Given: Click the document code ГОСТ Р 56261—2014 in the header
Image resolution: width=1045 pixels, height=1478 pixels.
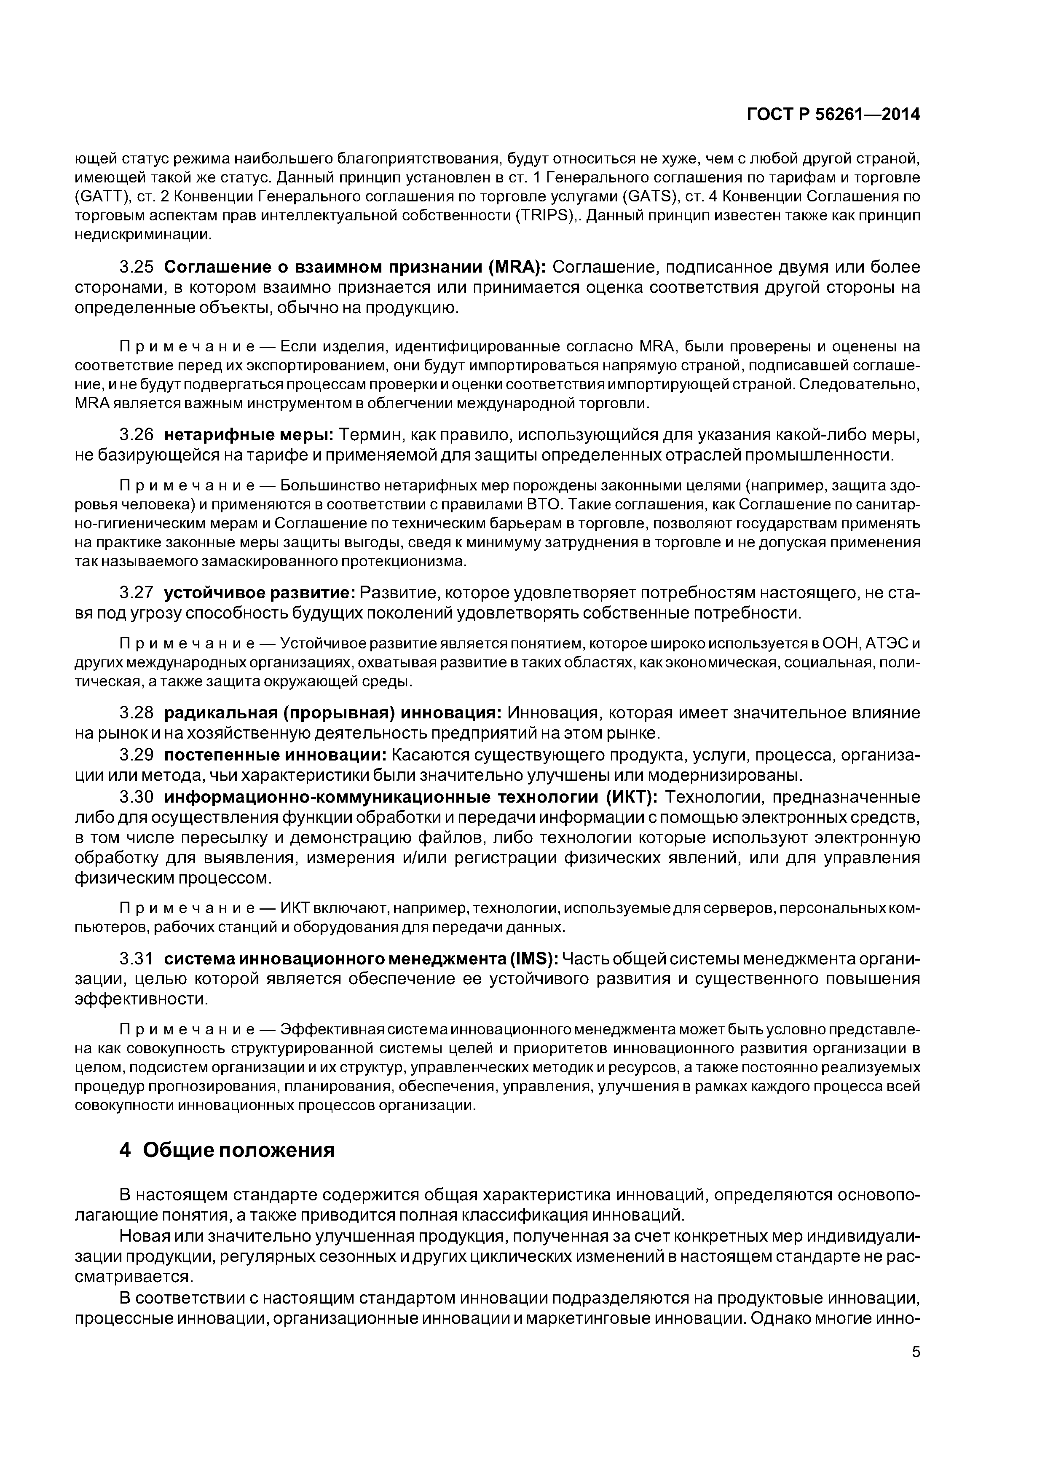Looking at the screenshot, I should [x=833, y=115].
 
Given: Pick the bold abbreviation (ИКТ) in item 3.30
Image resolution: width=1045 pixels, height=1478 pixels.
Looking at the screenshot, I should [x=631, y=798].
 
